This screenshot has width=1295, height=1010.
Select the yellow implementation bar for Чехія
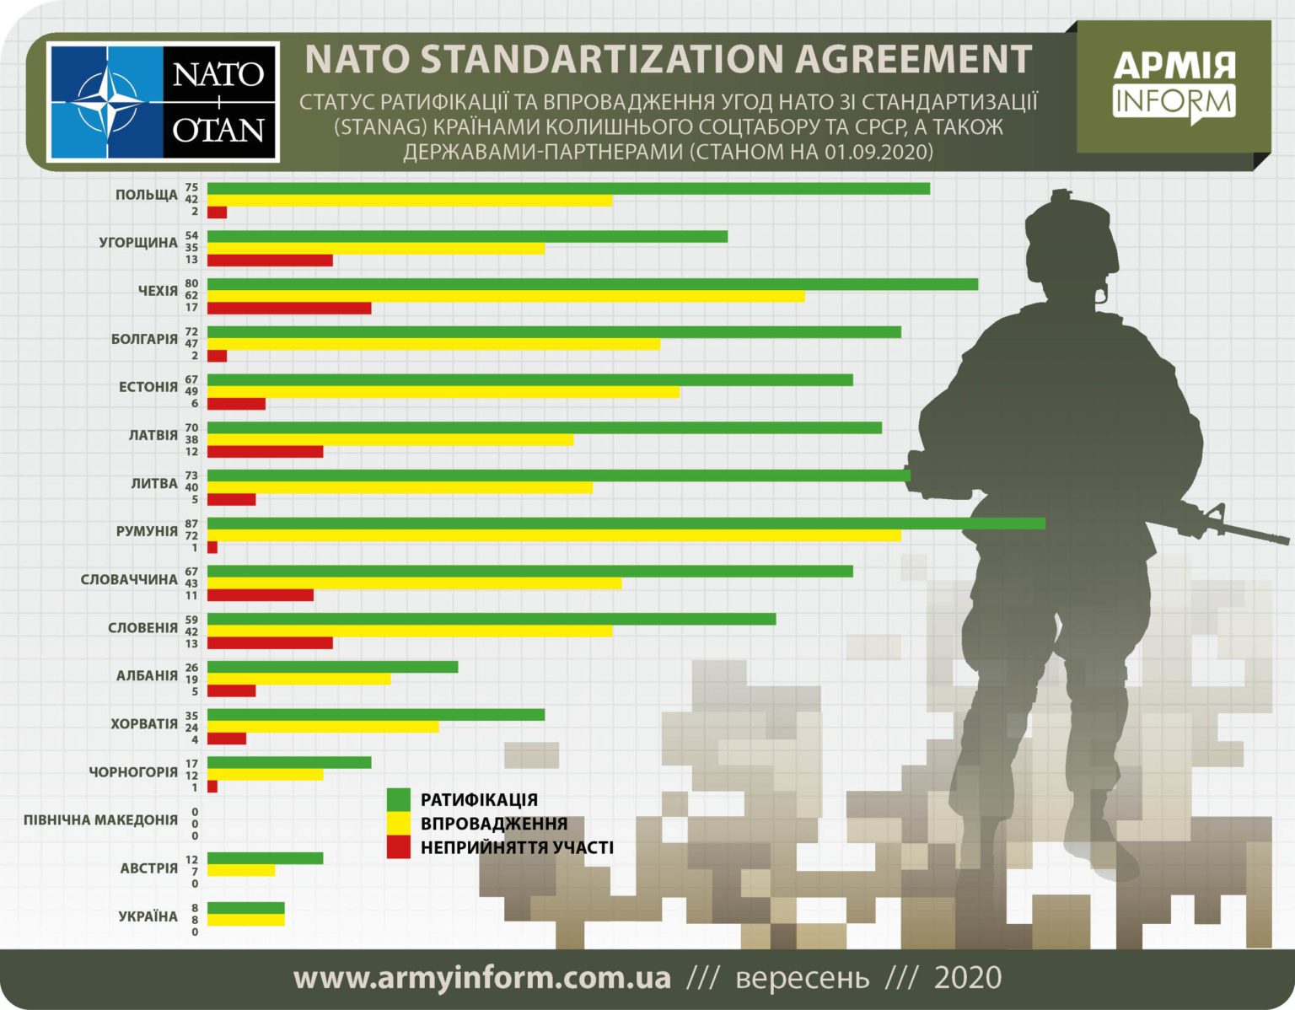coord(506,296)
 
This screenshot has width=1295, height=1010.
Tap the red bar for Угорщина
coord(270,260)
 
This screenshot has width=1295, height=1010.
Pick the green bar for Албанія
coord(332,667)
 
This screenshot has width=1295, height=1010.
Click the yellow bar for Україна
coord(245,920)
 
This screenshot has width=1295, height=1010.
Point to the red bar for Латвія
coord(265,452)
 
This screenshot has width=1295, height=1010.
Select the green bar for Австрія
coord(265,858)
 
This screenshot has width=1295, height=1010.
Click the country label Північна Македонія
coord(100,819)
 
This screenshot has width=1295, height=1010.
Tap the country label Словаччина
coord(129,580)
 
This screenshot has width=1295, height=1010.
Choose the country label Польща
coord(147,195)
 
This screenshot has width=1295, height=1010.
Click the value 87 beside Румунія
coord(191,524)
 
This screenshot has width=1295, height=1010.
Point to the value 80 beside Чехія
coord(191,283)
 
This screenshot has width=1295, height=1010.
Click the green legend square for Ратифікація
coord(398,799)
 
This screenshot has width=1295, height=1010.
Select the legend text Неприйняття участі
coord(517,847)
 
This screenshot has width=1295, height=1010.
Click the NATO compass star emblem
coord(106,103)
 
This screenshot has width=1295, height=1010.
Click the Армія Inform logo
coord(1174,87)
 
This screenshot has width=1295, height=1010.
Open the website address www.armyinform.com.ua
coord(482,978)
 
